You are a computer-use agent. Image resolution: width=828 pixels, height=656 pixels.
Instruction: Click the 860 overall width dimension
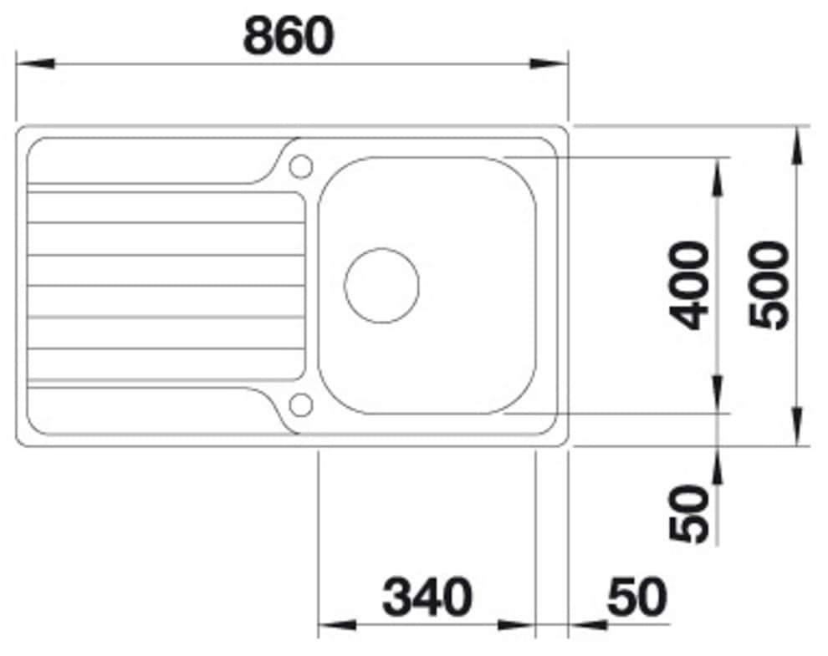[x=289, y=36]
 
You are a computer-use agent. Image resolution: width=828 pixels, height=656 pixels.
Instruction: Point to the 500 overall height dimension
[x=769, y=285]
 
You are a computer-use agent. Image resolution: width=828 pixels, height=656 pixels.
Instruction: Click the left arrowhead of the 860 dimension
[x=35, y=64]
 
